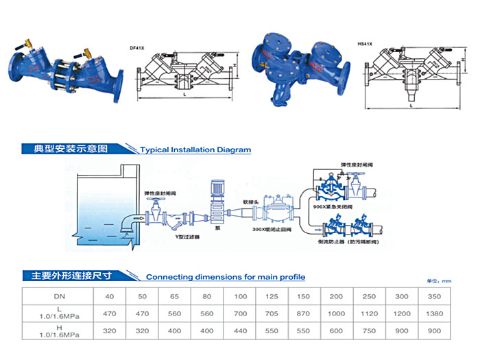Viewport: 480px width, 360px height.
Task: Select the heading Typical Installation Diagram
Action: [x=195, y=149]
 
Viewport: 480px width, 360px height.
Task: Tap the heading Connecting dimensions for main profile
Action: [x=225, y=277]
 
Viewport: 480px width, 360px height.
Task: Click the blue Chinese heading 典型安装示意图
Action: [x=65, y=149]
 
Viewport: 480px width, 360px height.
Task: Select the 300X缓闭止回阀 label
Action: [x=272, y=229]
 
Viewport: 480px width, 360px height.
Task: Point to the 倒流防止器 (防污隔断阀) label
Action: [x=350, y=242]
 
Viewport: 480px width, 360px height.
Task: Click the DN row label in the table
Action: [x=60, y=296]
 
